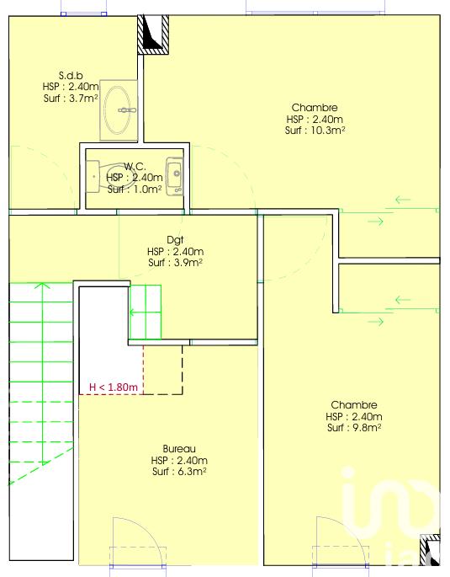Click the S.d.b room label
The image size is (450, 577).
point(71,75)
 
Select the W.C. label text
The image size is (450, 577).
point(135,166)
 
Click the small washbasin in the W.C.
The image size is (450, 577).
point(174,176)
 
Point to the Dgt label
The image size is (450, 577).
point(175,240)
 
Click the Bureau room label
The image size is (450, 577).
point(179,449)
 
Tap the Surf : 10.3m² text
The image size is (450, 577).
point(315,131)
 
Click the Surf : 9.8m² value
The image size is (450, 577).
point(354,428)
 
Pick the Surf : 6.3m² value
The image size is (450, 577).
point(179,472)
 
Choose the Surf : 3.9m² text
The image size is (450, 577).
point(175,262)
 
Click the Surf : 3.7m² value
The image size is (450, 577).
point(71,98)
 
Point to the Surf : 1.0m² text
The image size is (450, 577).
point(135,189)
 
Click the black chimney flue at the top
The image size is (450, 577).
point(153,35)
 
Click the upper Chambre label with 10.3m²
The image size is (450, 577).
point(315,108)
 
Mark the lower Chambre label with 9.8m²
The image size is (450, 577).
point(354,405)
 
